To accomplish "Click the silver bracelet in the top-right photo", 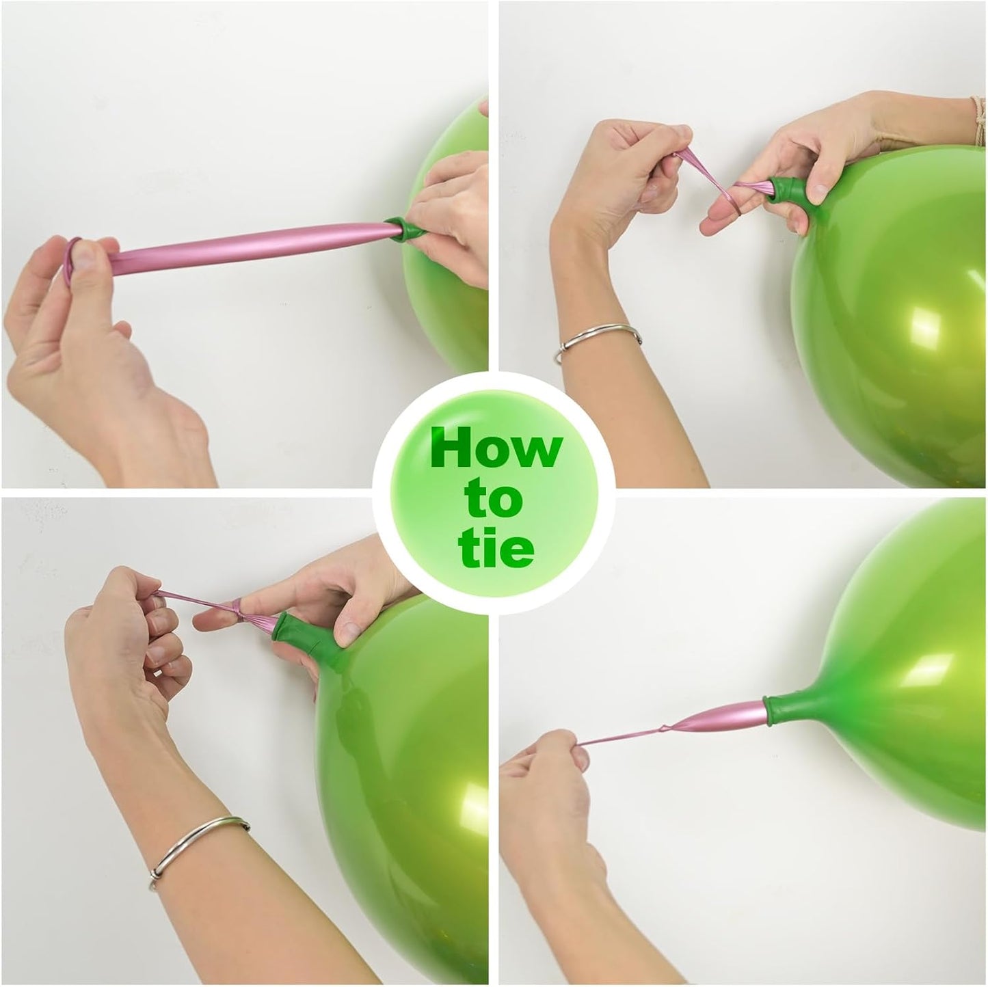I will click(x=598, y=339).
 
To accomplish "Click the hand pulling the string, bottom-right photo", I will click(x=547, y=793).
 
